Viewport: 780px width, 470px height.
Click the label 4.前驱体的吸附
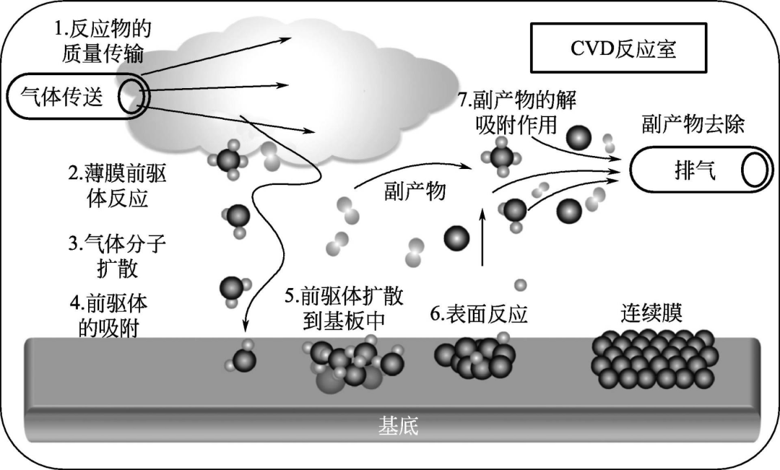108,315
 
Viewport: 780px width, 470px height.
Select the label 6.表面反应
478,315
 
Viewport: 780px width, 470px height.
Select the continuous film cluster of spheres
654,358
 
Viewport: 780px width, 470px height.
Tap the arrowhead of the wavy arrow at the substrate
246,325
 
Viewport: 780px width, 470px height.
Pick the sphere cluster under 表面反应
474,356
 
